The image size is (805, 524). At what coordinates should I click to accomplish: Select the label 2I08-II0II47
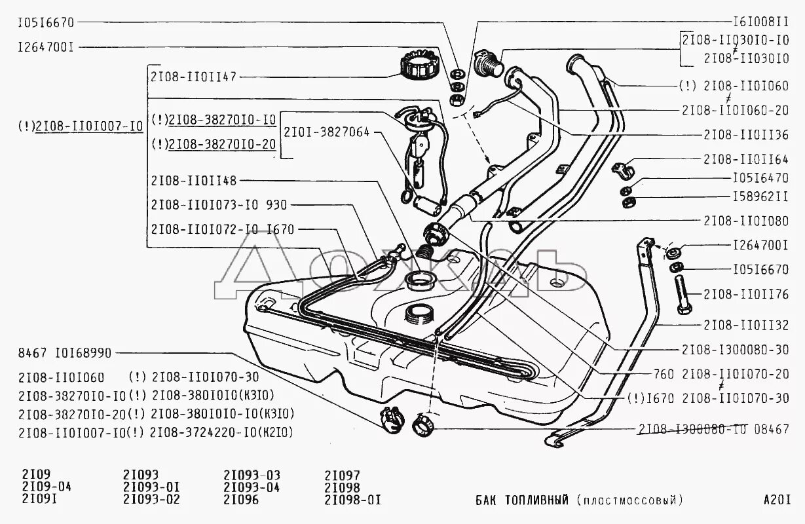coord(193,76)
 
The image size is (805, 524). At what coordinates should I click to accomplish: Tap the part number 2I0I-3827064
coord(326,132)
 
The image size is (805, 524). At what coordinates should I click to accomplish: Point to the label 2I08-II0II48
coord(193,180)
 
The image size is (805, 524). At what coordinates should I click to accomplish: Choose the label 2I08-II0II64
coord(745,159)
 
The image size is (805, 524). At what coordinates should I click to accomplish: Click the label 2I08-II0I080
coord(745,221)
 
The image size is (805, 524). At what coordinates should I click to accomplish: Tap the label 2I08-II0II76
coord(745,294)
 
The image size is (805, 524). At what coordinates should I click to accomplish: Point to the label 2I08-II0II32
coord(745,325)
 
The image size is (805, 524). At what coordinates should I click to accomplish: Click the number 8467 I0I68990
coord(65,353)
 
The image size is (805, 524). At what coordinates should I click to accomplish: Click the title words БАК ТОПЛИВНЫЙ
coord(521,500)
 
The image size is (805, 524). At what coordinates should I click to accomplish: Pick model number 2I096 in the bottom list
coord(241,500)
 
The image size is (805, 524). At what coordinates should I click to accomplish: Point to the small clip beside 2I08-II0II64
coord(622,170)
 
